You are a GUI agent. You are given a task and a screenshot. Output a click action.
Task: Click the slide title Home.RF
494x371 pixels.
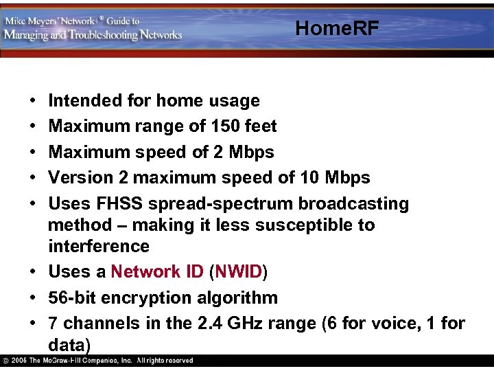(337, 28)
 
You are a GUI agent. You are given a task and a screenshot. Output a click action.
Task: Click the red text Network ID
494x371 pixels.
(157, 272)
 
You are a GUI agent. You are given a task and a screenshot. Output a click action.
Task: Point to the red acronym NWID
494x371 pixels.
(238, 272)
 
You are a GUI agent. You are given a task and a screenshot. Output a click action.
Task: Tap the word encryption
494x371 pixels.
(143, 298)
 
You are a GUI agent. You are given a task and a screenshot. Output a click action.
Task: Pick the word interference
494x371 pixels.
(99, 246)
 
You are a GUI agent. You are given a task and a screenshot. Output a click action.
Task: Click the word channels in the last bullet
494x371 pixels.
(95, 324)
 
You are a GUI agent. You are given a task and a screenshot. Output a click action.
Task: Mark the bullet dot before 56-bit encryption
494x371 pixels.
(34, 298)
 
